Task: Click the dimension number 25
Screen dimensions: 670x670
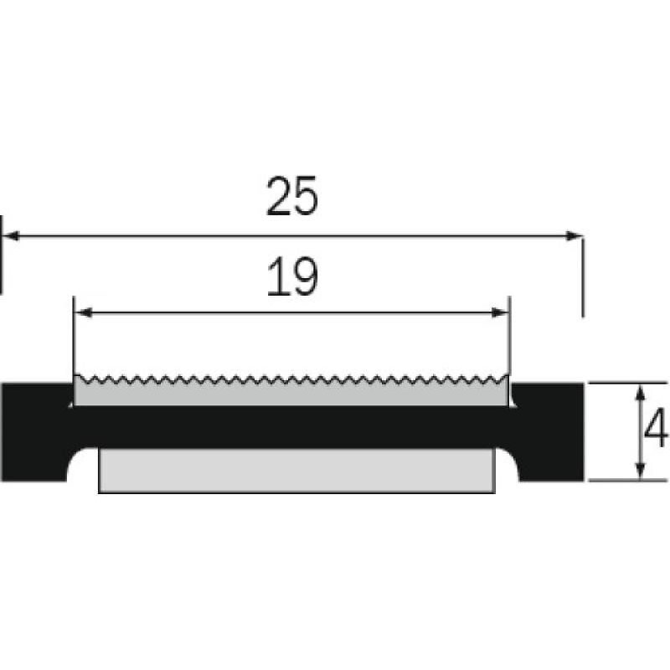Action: coord(292,196)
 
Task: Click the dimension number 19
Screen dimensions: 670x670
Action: coord(292,277)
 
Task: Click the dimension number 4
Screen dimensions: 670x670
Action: coord(656,427)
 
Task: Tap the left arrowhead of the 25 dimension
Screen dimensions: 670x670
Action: coord(12,235)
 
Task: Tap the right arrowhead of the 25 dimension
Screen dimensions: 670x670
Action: coord(574,235)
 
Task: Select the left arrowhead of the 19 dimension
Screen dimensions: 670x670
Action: coord(84,312)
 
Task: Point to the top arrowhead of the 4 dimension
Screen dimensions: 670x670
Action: coord(640,392)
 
